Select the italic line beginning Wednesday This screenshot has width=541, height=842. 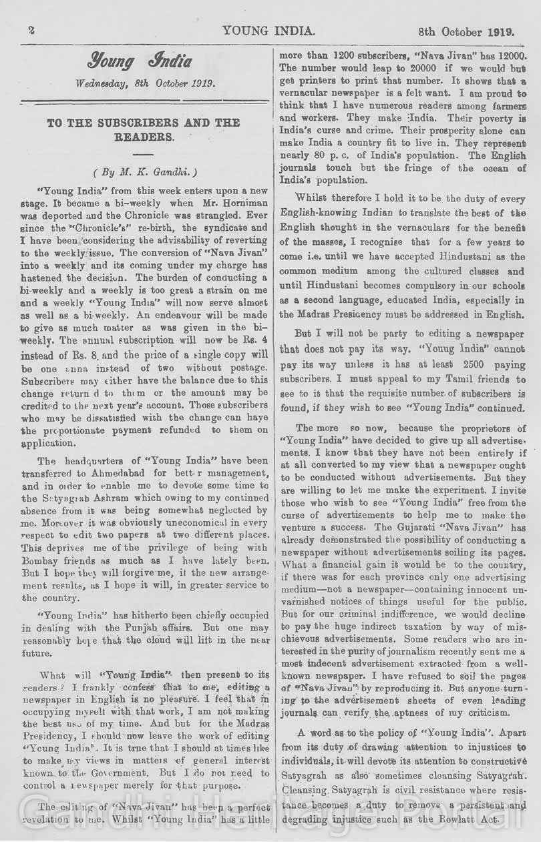pos(145,83)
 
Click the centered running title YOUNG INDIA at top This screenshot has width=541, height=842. pos(269,31)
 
